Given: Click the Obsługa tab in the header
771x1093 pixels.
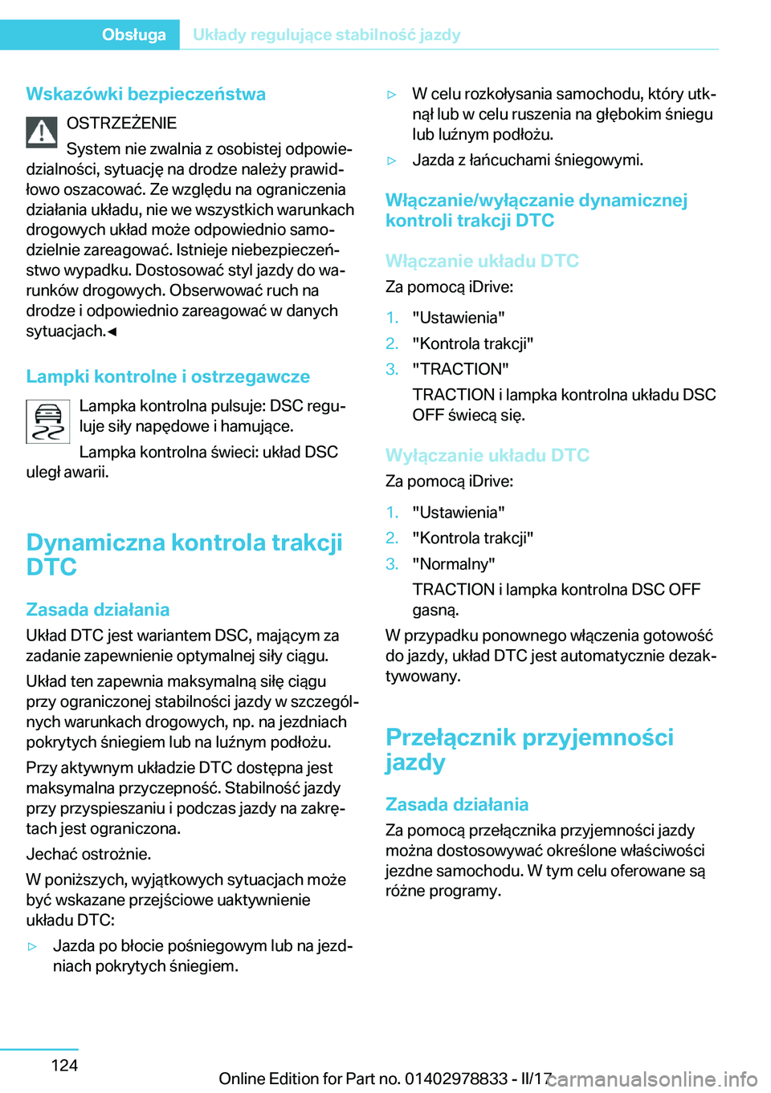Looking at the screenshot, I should pos(133,35).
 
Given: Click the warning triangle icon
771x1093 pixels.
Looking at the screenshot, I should pos(41,132).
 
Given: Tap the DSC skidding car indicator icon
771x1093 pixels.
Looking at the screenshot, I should pos(48,422).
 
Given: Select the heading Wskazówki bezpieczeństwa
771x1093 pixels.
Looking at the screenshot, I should pos(145,94).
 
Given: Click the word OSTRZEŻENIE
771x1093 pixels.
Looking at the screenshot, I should pos(121,123).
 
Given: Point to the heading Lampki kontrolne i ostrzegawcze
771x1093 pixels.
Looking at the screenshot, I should pos(168,376).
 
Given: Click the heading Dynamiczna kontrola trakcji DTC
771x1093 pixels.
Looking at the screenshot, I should pos(184,555).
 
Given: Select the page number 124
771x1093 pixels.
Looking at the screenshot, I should pos(64,1065).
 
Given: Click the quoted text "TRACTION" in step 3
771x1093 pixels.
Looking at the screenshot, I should pos(460,369).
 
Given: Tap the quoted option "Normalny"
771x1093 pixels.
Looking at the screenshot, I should pos(454,564).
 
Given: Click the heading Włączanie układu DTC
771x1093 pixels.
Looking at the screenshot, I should pos(482,261).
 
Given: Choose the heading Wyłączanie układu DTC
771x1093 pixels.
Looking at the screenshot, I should pos(487,455).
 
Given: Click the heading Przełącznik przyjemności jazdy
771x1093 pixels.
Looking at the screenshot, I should pos(529,749).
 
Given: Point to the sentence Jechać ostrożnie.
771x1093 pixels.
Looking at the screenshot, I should pos(88,854).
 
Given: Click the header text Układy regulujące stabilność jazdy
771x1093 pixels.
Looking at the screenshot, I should pos(326,35).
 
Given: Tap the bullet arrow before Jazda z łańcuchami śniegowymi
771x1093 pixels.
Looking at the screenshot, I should pos(392,160).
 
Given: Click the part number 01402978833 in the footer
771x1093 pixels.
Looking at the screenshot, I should pos(456,1079).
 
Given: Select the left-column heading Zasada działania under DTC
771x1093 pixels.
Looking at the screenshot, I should pos(97,609).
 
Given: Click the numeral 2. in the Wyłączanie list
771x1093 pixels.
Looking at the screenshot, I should pos(392,538).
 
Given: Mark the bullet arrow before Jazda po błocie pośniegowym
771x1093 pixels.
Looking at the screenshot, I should pos(32,947).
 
